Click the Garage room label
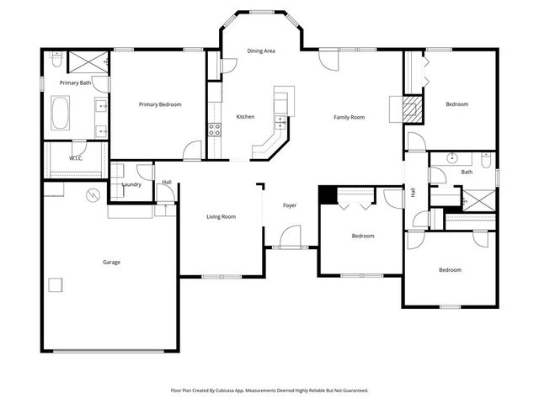tap(111, 262)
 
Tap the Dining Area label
tap(261, 51)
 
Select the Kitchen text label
tap(245, 116)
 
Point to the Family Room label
tap(349, 116)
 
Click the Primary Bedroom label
tap(160, 104)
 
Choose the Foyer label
tap(289, 205)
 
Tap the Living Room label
tap(221, 216)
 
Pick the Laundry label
tap(131, 184)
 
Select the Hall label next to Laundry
tap(167, 182)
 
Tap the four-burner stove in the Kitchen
tap(214, 130)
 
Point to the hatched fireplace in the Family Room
tap(410, 108)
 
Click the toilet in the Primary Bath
tap(56, 61)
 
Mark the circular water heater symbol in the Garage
tap(93, 195)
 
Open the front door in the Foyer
tap(289, 237)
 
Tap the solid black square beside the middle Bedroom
tap(327, 194)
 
